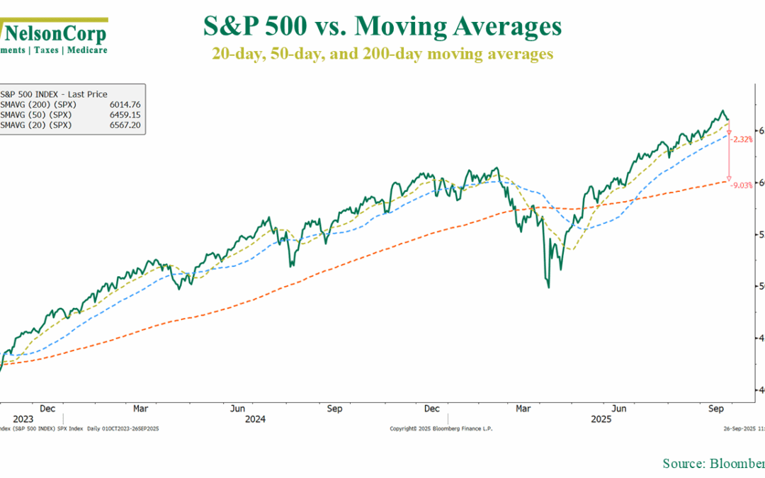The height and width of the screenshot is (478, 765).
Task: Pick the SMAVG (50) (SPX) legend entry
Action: [x=36, y=114]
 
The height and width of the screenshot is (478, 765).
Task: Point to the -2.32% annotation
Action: [x=742, y=140]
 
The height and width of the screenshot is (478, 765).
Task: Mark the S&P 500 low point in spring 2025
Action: [x=549, y=287]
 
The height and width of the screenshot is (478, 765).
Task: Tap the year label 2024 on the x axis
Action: [x=255, y=419]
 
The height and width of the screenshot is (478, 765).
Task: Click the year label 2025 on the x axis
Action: [x=602, y=419]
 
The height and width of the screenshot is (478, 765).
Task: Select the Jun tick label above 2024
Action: [x=238, y=409]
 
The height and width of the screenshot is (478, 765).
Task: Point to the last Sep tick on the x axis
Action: [x=715, y=409]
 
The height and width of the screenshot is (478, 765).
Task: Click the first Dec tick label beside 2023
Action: [x=47, y=409]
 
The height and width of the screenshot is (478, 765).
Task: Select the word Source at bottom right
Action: [x=681, y=463]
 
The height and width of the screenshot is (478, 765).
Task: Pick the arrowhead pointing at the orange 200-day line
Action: [x=729, y=178]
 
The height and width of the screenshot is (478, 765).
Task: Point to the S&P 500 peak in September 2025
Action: [x=722, y=110]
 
